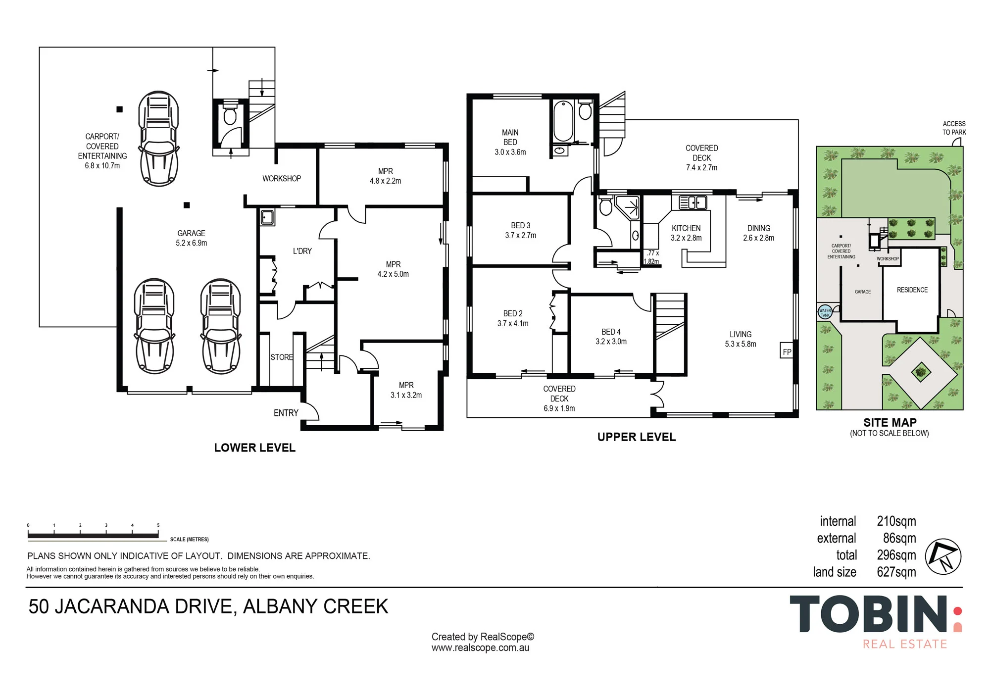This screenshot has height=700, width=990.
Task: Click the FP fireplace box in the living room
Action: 787,350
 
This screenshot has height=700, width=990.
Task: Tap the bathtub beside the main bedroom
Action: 563,121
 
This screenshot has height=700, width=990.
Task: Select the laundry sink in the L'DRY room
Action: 267,217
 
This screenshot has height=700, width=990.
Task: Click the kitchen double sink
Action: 692,202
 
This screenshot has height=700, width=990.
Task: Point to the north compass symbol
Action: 943,556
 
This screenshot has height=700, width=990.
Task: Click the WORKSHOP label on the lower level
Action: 282,178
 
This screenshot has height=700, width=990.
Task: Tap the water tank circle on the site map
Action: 825,312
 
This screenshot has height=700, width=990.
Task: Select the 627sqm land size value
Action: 896,572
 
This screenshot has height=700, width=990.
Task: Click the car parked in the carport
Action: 158,139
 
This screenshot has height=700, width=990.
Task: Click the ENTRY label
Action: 286,413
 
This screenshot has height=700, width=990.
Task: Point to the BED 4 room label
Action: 611,332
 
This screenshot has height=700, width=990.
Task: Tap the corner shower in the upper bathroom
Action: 628,207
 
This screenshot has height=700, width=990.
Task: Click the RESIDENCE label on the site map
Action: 912,290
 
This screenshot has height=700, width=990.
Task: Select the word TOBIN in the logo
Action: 868,614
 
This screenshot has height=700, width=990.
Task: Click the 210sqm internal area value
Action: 896,521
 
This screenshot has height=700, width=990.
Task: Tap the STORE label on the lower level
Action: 282,357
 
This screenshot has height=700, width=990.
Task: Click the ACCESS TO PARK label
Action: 954,128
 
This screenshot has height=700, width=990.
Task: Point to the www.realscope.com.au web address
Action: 480,648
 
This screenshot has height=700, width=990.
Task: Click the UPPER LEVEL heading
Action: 636,437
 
